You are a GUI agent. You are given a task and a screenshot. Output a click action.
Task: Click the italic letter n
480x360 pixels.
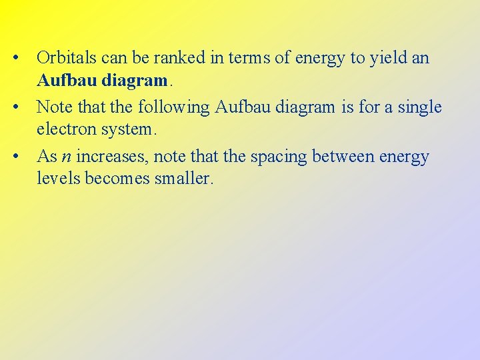point(66,157)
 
